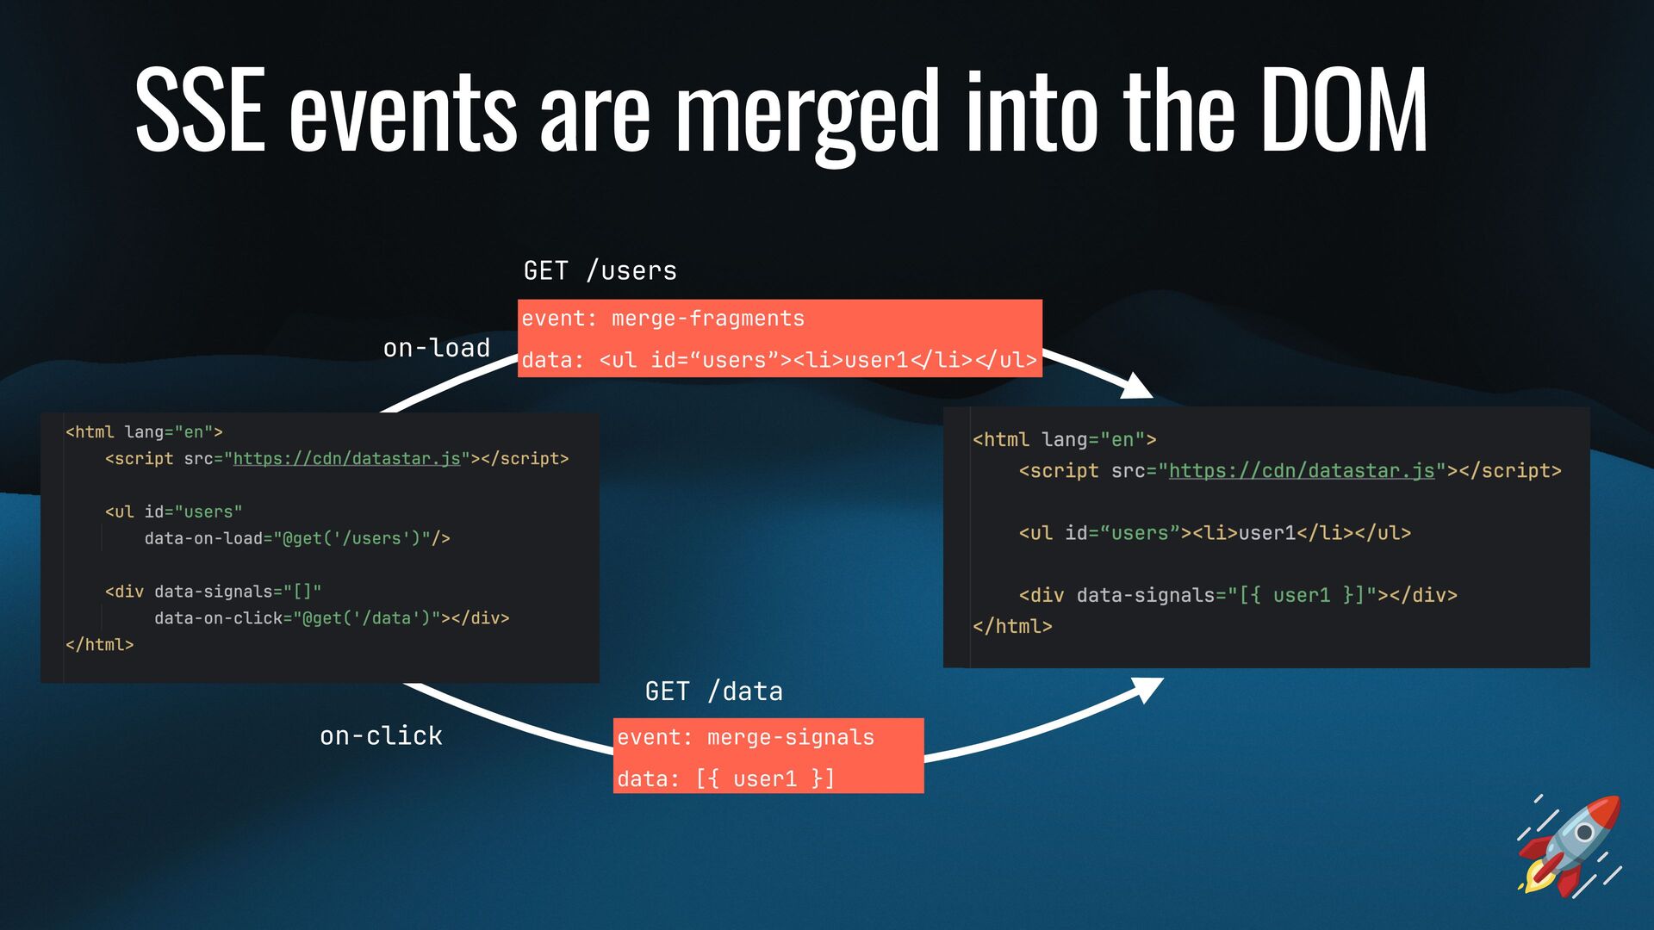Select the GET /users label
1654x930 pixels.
pyautogui.click(x=600, y=270)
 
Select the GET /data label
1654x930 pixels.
pyautogui.click(x=713, y=691)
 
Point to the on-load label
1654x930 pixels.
pyautogui.click(x=437, y=348)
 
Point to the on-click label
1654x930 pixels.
pyautogui.click(x=381, y=735)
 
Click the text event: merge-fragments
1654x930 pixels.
pyautogui.click(x=662, y=319)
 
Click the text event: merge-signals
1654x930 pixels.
pyautogui.click(x=745, y=737)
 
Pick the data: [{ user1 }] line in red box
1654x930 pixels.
pyautogui.click(x=725, y=778)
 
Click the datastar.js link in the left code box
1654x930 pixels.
pyautogui.click(x=346, y=459)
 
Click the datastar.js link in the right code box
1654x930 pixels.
pyautogui.click(x=1301, y=471)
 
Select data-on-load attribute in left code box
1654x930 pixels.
pyautogui.click(x=203, y=538)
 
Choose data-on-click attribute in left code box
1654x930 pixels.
pyautogui.click(x=218, y=618)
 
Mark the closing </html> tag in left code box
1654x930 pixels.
pyautogui.click(x=100, y=645)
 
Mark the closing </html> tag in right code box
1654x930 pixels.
pyautogui.click(x=1012, y=627)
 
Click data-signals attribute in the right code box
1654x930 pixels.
pyautogui.click(x=1145, y=595)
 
